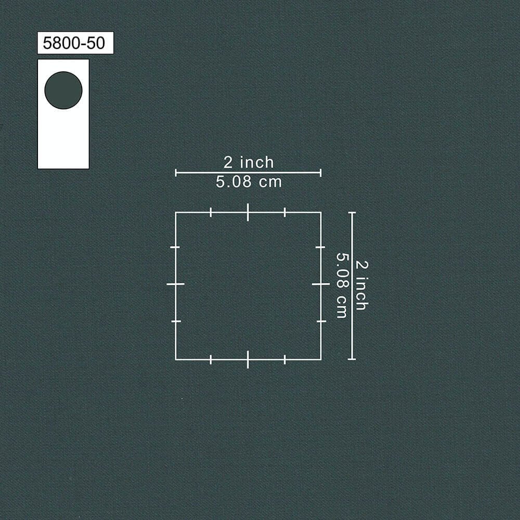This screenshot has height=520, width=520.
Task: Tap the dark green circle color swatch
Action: [x=63, y=90]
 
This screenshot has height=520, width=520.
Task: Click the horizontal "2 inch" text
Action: [x=249, y=162]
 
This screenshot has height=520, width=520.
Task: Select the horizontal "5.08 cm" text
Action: [x=249, y=181]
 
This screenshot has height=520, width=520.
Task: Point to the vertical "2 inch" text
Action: [x=361, y=285]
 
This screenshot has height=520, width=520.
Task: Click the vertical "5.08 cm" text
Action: [x=342, y=285]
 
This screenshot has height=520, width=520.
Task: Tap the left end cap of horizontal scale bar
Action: [x=176, y=173]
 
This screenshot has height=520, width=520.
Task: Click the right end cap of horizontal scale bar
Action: [x=321, y=173]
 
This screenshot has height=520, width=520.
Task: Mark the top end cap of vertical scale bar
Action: [x=352, y=213]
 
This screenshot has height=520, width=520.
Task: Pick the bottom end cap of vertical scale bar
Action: [x=352, y=359]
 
